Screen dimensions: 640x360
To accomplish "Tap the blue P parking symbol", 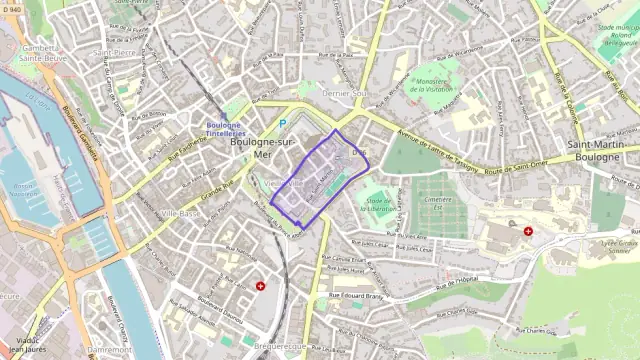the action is pos(282,124).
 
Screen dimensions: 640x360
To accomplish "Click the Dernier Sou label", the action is pos(345,93).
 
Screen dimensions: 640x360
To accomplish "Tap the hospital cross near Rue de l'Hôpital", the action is pos(527,231).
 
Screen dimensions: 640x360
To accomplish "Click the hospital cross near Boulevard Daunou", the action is pos(261,286).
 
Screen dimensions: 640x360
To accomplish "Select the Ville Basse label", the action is pos(181,213).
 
